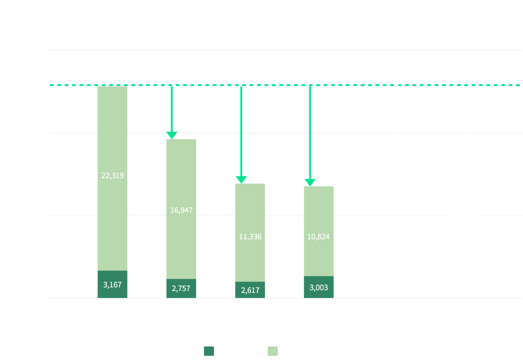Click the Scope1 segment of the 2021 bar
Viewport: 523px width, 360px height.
coord(112,284)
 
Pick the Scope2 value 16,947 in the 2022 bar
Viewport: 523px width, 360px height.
coord(181,210)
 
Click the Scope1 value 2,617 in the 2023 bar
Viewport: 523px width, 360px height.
coord(250,290)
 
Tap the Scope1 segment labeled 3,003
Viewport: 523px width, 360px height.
coord(318,287)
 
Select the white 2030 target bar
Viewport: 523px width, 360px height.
coord(464,250)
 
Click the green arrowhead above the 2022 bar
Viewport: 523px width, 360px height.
coord(172,135)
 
